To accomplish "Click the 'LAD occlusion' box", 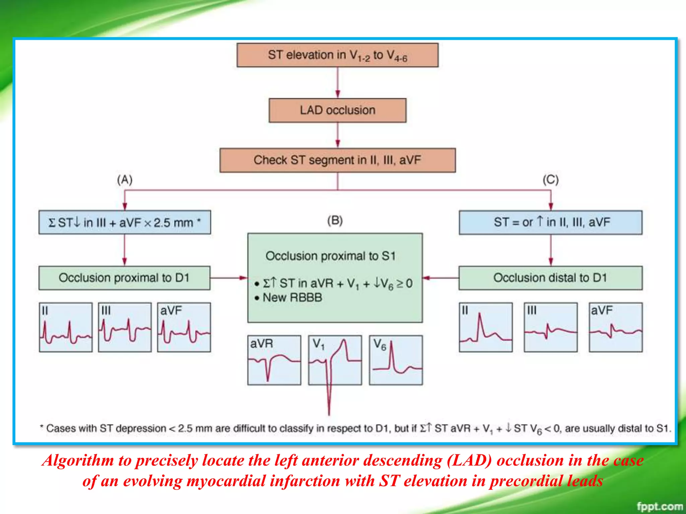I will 337,110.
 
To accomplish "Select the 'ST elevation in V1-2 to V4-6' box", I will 337,55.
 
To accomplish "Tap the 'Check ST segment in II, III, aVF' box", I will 337,160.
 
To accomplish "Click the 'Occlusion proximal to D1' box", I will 124,278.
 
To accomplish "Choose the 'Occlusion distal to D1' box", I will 550,278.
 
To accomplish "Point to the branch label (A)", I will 125,180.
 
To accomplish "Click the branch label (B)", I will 335,221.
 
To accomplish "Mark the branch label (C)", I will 551,180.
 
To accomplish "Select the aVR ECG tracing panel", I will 274,360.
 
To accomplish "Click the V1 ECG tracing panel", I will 335,360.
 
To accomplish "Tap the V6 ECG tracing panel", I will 396,360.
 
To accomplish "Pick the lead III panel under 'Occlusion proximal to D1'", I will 125,327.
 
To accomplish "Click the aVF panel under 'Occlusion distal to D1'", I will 616,327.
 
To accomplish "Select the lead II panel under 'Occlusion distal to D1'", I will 486,327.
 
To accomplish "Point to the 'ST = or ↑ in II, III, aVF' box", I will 550,222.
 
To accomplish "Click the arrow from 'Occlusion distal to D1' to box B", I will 440,278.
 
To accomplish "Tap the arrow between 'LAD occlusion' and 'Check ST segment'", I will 338,135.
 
